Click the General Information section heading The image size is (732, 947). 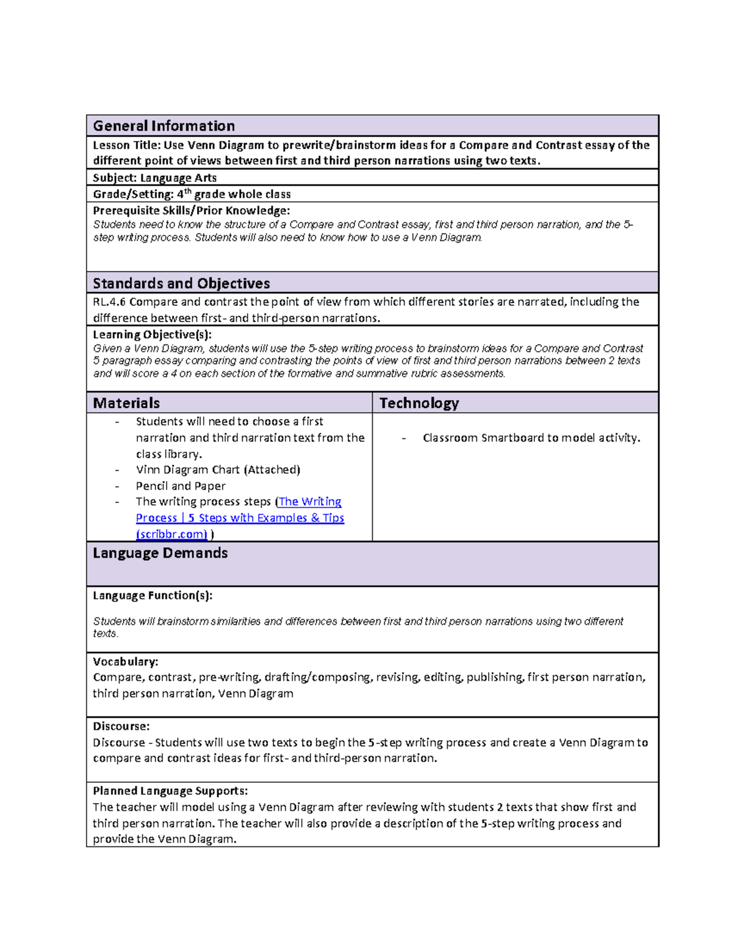(x=163, y=126)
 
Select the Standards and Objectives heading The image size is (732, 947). (x=181, y=284)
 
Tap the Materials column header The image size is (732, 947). (x=126, y=403)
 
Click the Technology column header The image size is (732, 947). (x=419, y=403)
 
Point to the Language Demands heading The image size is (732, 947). (x=160, y=553)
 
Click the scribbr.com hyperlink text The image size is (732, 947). (x=172, y=534)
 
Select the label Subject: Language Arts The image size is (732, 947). (x=154, y=178)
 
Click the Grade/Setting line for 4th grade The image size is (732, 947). (x=192, y=195)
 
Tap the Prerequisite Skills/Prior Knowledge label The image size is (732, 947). (x=191, y=211)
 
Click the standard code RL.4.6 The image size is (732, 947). (x=109, y=302)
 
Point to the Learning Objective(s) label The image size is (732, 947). (x=152, y=335)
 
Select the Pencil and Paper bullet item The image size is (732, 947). (x=181, y=486)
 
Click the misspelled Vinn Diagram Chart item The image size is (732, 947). (x=218, y=470)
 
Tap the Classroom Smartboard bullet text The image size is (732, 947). (x=531, y=438)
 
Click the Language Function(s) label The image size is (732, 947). (x=152, y=596)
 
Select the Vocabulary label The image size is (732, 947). (x=125, y=662)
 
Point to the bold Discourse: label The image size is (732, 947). (x=121, y=726)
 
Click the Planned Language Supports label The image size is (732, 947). (x=170, y=791)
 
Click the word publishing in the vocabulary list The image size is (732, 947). (x=494, y=677)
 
